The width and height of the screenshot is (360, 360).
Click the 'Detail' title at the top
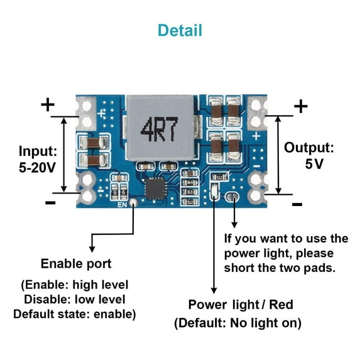coord(180,30)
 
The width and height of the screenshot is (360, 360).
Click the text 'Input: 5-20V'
coord(38,159)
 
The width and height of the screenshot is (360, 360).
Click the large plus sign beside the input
coord(48,104)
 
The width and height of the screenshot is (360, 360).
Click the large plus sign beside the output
coord(301,106)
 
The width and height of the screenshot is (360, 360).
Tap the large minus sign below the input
coord(50,202)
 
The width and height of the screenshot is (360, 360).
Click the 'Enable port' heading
coord(76,263)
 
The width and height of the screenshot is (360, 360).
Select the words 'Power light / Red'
coord(241,305)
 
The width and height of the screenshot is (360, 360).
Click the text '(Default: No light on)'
coord(237,324)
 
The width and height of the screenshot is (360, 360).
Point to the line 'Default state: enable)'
coord(74,313)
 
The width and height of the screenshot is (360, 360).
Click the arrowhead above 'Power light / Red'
coord(214,289)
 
